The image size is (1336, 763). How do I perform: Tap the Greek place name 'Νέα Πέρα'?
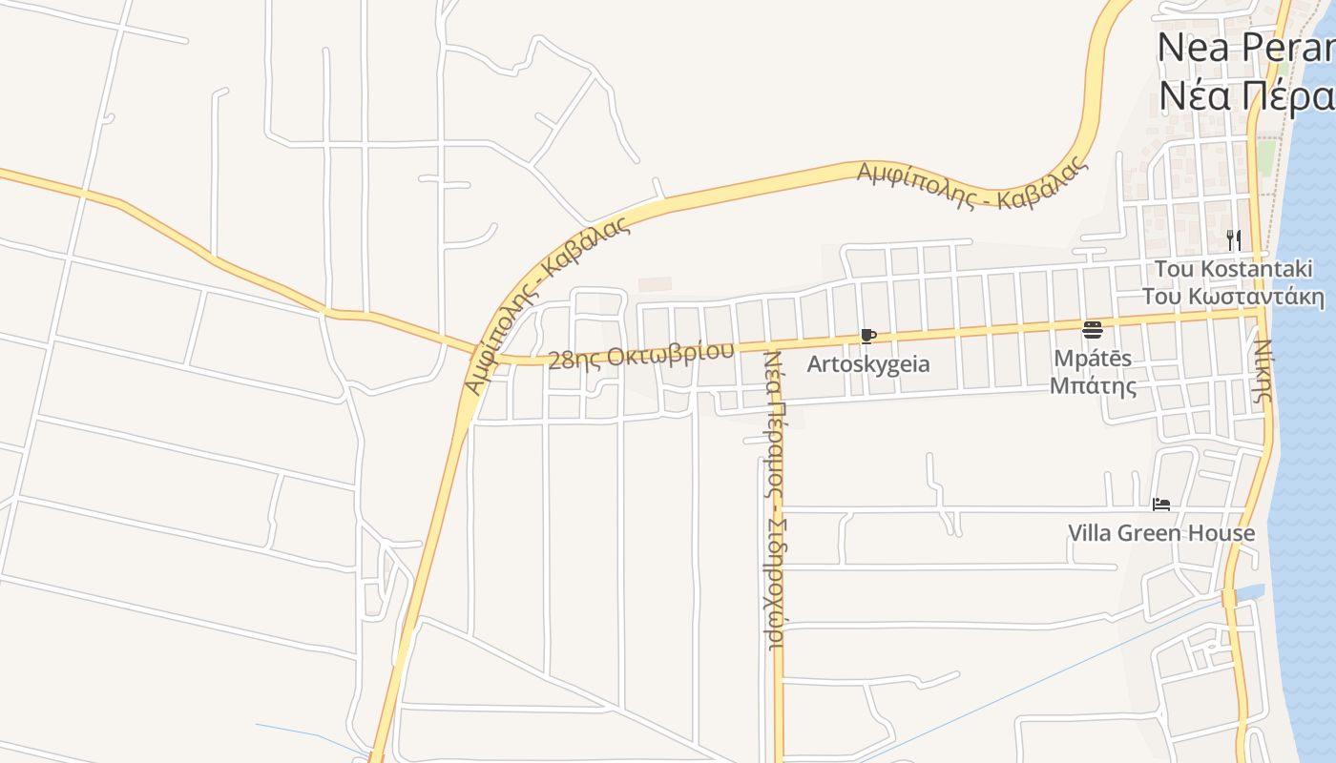[1245, 95]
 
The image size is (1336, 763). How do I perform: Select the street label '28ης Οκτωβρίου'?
[641, 353]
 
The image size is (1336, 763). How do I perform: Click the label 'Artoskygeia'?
[868, 364]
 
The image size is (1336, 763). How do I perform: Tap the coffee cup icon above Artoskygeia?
[867, 336]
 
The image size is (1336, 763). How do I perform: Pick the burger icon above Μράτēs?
[1093, 330]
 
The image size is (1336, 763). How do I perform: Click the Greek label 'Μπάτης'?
[1094, 386]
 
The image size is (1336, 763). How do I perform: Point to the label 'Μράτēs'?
[1094, 359]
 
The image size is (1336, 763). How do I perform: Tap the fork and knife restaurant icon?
[1234, 238]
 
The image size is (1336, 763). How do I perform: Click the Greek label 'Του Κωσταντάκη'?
[1233, 296]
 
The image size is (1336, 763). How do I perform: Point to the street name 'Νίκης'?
[1263, 370]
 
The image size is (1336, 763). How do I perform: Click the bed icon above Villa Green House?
[1161, 505]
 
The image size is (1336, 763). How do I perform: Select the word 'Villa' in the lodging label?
[1089, 532]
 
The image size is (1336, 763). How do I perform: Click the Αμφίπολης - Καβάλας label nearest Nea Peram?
[972, 185]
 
